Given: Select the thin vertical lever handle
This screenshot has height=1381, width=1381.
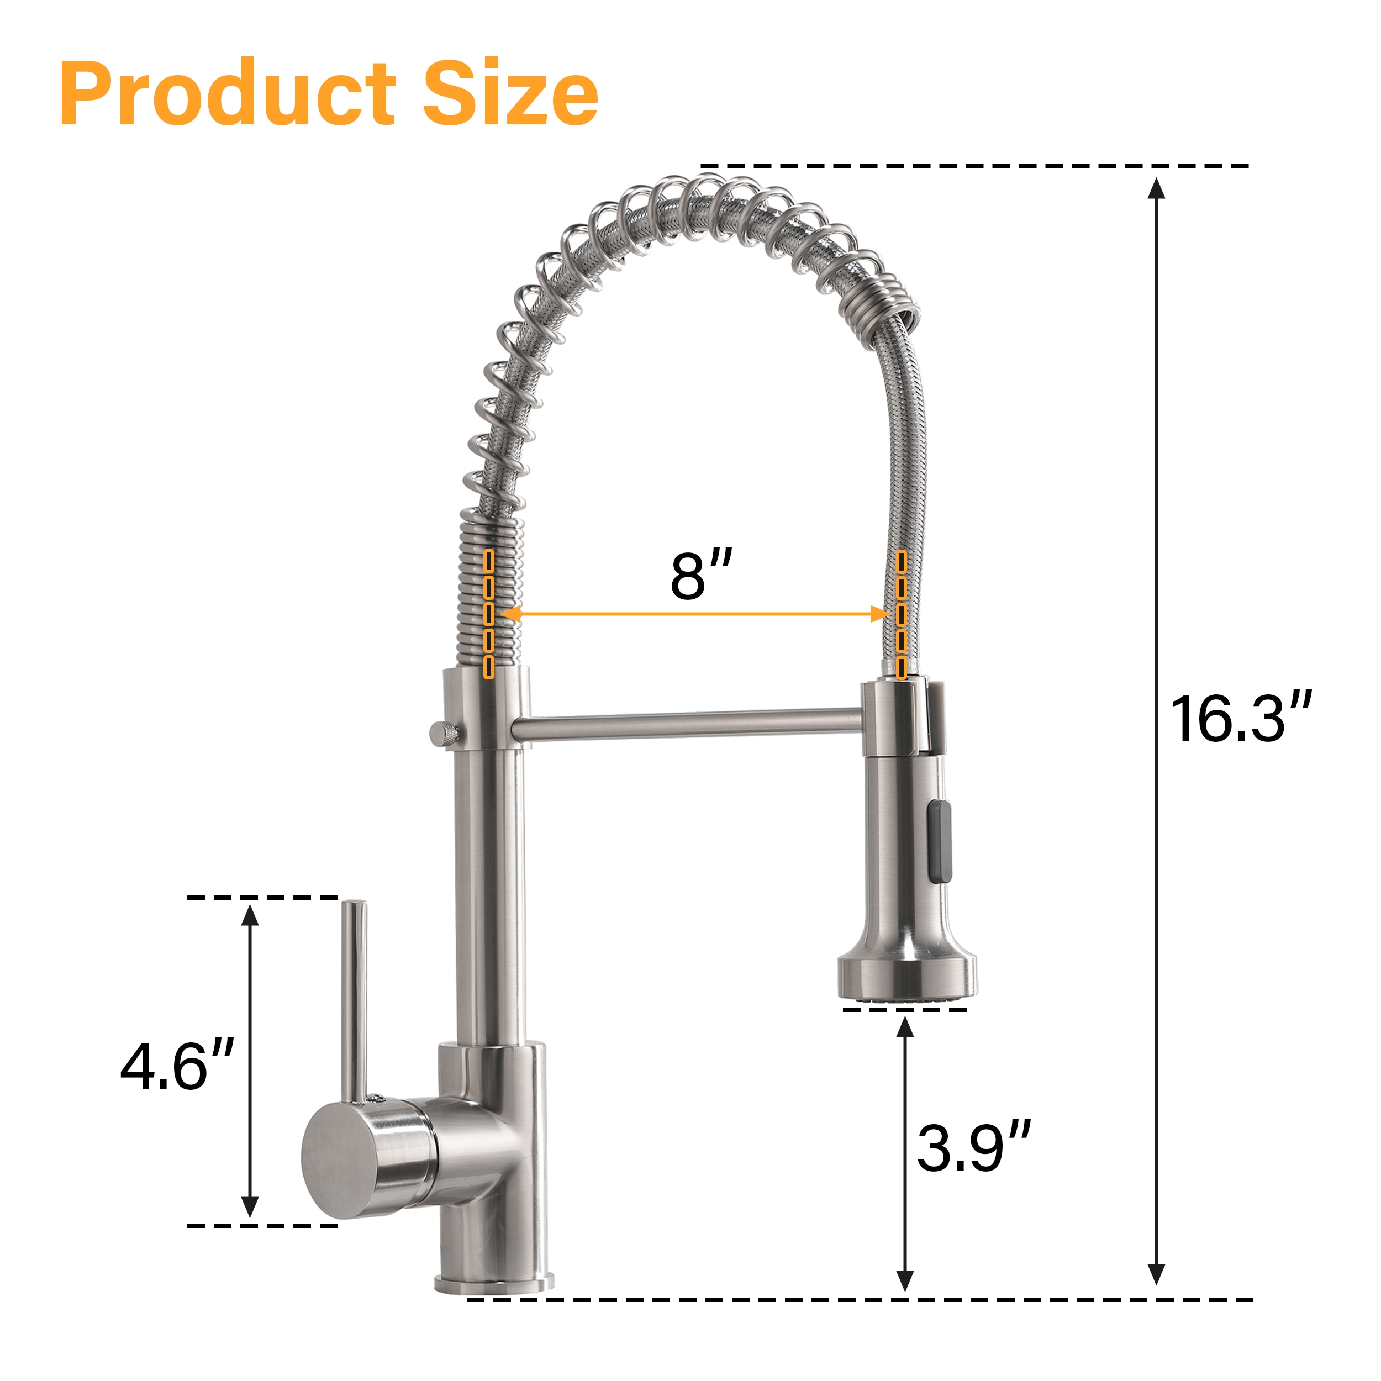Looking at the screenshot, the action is [354, 1002].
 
